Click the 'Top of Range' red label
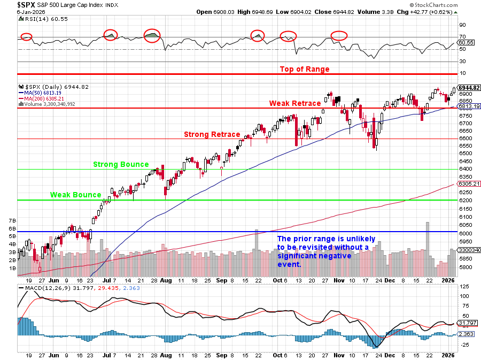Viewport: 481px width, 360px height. click(305, 69)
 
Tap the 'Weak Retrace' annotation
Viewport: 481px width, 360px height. click(295, 103)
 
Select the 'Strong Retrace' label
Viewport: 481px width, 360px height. click(212, 134)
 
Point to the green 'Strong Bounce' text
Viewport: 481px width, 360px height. click(121, 164)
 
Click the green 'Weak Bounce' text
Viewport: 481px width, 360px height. click(76, 195)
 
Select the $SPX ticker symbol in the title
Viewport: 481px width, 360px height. click(27, 5)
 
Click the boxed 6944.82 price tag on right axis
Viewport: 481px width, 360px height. click(469, 88)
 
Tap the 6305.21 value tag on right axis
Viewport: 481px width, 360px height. click(469, 183)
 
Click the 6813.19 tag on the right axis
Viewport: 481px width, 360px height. click(469, 106)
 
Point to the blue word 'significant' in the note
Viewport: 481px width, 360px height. click(297, 255)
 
